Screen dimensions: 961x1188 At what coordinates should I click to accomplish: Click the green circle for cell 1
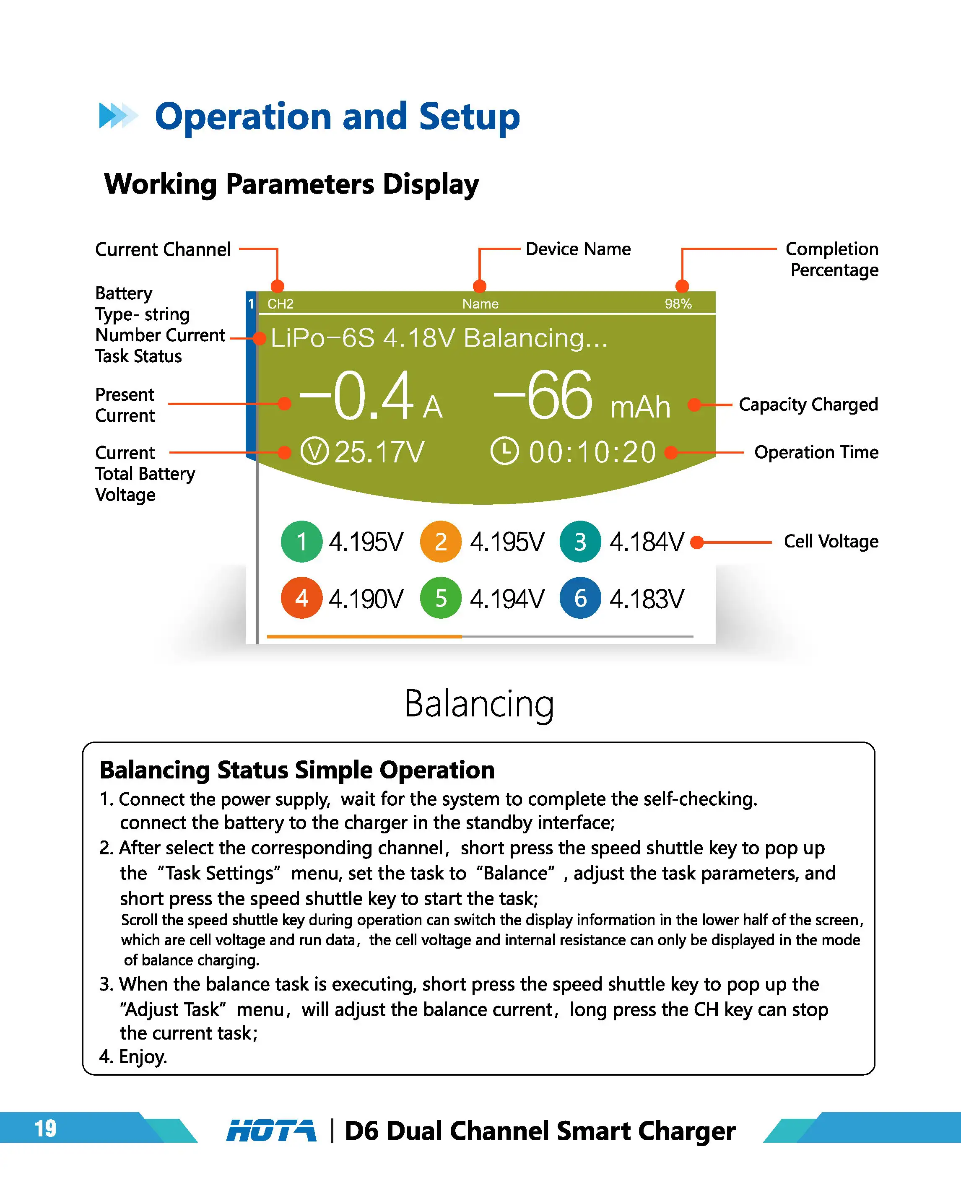point(302,541)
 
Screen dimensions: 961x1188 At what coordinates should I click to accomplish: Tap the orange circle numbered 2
point(441,541)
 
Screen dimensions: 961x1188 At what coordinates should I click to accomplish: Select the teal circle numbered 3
point(580,541)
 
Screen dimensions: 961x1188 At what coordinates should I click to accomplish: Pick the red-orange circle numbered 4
point(302,598)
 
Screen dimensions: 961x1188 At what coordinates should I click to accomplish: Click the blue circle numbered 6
point(580,598)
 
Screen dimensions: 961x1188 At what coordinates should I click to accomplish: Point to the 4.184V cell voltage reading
point(647,542)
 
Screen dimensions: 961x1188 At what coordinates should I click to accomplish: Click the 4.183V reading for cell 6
point(647,599)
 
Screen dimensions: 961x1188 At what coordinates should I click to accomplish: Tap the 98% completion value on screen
point(678,304)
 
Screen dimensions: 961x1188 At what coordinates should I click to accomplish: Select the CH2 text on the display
point(281,304)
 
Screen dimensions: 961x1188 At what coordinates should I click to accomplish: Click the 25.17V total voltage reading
point(380,452)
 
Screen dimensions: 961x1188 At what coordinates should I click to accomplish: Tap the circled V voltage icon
point(314,451)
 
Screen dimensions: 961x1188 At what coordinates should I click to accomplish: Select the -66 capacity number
point(543,396)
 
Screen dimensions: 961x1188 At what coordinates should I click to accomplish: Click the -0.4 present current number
point(356,396)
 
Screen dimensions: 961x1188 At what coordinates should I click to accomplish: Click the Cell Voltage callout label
point(831,541)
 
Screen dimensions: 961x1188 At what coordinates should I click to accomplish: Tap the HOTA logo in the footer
point(271,1131)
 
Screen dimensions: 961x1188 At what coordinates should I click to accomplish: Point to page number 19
point(45,1128)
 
